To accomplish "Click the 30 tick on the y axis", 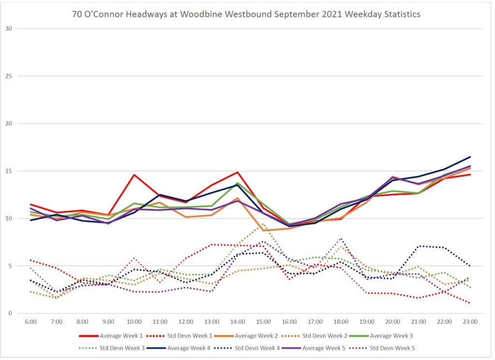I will [9, 29].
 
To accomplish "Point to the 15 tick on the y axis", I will [9, 171].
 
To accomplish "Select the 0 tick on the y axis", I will [10, 314].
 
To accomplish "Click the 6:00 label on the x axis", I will [30, 321].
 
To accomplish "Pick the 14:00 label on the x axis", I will [237, 321].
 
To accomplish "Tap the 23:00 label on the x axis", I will [470, 321].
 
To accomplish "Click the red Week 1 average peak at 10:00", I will [134, 175].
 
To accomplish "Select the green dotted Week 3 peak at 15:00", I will [263, 224].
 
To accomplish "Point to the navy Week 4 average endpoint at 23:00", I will [470, 157].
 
